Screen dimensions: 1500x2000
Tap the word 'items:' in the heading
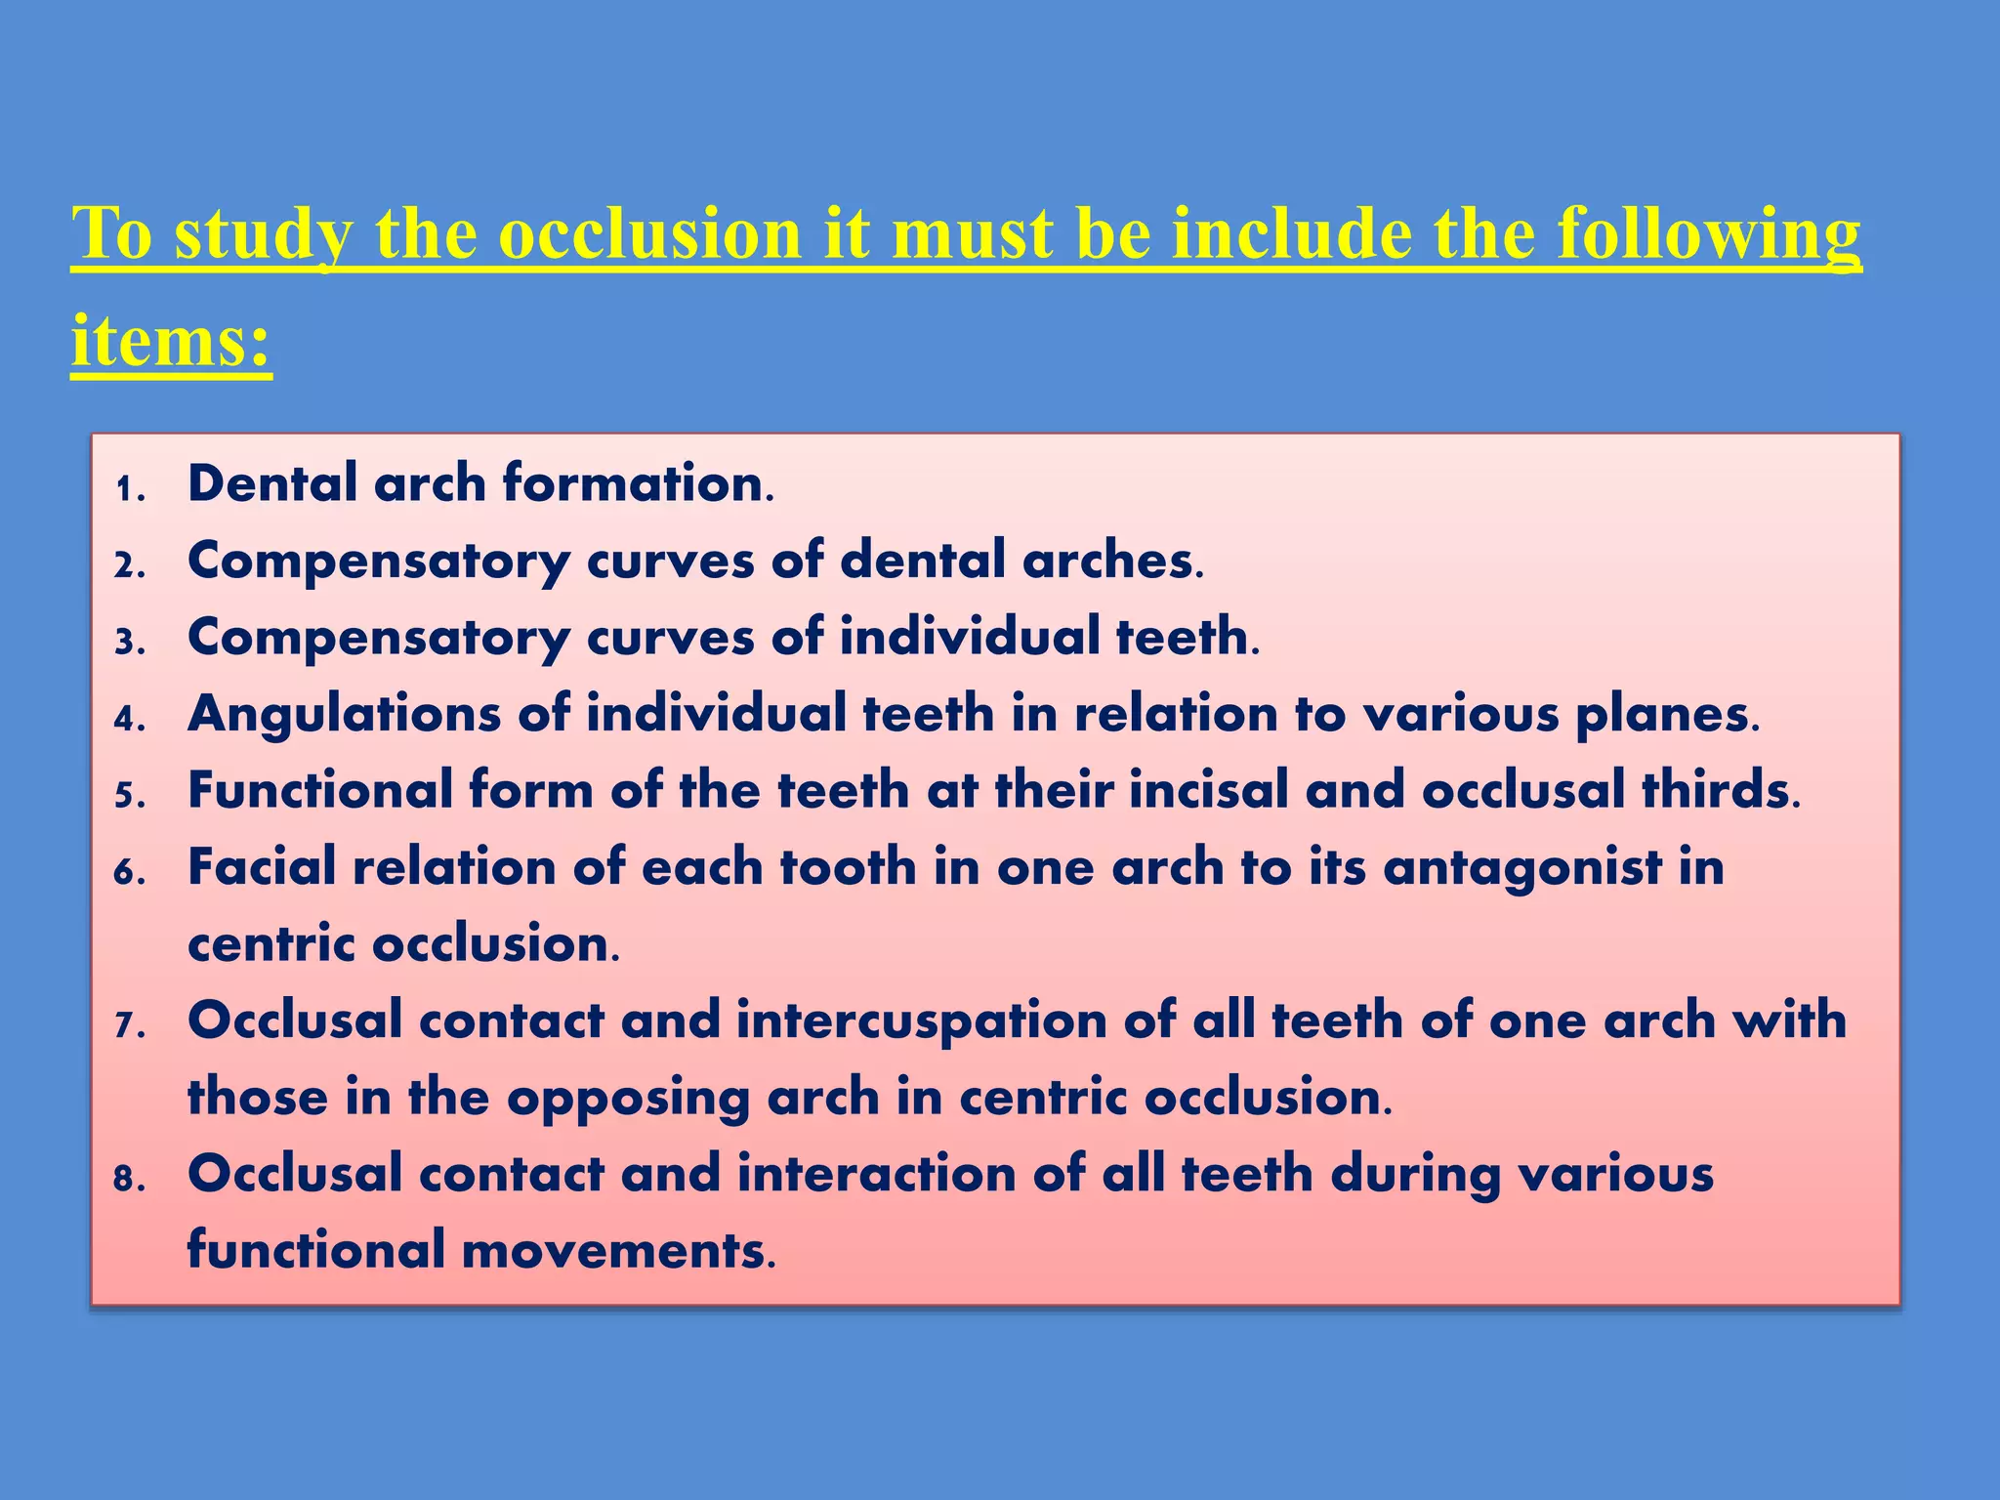(x=171, y=341)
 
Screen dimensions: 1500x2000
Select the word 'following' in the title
(x=1708, y=235)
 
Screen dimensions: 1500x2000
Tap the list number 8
(x=129, y=1179)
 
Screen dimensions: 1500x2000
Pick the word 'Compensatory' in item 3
(x=379, y=638)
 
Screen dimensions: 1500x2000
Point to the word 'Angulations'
(x=344, y=714)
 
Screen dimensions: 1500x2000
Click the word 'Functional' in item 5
(x=320, y=790)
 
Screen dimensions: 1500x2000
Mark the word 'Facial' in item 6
(x=261, y=867)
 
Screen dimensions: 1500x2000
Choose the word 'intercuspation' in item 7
(x=921, y=1021)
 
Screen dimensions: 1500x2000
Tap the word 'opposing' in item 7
(x=628, y=1098)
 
